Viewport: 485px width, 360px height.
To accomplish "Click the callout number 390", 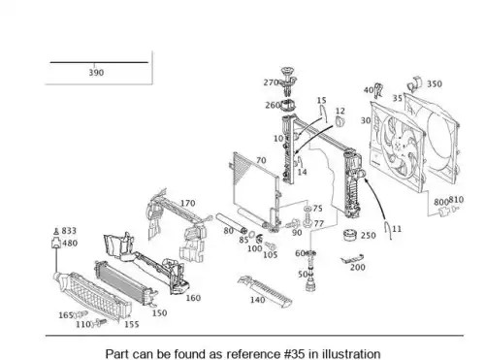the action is [x=96, y=73].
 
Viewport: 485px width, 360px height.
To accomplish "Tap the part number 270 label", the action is [x=271, y=82].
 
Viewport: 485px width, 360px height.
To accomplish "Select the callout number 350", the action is [x=435, y=83].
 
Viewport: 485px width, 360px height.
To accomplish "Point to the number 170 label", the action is [x=187, y=203].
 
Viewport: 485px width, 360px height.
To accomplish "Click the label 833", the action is [x=69, y=231].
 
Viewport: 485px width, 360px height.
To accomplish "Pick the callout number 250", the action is [x=369, y=235].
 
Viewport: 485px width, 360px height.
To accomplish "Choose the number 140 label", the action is [x=258, y=300].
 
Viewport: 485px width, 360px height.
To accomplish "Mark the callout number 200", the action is [x=358, y=267].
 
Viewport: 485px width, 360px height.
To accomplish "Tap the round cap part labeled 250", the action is [x=350, y=235].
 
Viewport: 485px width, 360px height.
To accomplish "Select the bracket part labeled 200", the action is [x=352, y=258].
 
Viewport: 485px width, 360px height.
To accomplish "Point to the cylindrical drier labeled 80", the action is [x=232, y=223].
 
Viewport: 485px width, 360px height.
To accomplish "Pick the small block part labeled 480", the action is [x=56, y=243].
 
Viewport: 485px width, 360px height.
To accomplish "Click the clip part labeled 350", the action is [x=415, y=83].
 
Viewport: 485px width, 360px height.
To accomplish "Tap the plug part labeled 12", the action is [x=339, y=122].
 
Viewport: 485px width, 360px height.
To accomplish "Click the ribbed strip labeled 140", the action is [x=266, y=291].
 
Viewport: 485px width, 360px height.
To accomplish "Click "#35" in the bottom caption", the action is [x=294, y=354].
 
